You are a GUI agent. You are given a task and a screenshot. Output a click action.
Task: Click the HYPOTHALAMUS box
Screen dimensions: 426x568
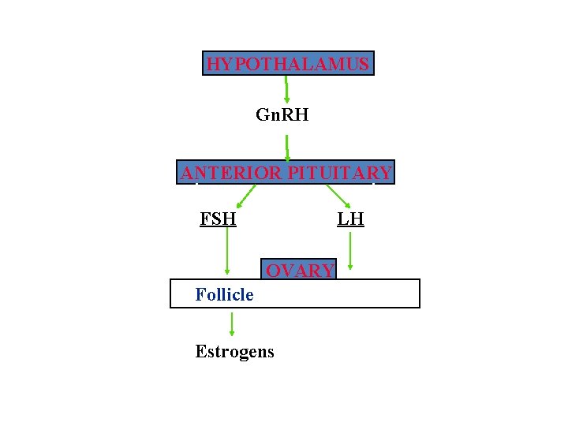pos(288,64)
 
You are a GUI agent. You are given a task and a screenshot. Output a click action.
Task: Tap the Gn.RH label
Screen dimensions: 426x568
pos(282,115)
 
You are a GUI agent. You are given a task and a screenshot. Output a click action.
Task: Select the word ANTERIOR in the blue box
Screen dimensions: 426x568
pos(230,173)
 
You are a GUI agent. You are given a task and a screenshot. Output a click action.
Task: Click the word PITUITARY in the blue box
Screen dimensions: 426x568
pos(338,173)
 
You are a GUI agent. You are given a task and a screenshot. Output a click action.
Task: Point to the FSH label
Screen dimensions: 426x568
pos(218,219)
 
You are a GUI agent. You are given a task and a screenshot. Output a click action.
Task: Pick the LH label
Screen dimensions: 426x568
pos(350,219)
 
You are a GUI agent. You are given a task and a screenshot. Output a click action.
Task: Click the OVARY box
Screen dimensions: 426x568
pos(300,271)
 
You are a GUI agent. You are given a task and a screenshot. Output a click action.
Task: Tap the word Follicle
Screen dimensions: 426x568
pos(224,294)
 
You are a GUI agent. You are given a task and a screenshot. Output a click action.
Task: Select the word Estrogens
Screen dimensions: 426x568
pos(234,351)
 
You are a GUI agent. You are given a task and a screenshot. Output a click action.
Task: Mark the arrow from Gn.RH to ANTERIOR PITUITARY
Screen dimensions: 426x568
pos(287,148)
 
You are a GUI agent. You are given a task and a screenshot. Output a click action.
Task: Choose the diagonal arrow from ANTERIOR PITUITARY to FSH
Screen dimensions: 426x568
pos(246,196)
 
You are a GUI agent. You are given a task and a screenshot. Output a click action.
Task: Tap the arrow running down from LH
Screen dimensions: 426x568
pos(351,251)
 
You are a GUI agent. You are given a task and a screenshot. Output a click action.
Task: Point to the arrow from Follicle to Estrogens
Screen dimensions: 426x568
pos(232,323)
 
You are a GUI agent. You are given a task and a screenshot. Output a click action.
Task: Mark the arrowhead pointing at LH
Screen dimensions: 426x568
pos(348,207)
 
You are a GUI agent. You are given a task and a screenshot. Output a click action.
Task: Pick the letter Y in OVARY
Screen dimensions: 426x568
pos(327,271)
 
